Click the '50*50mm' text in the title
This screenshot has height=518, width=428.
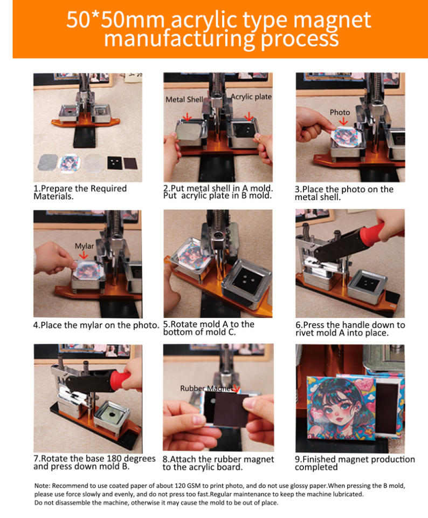[115, 20]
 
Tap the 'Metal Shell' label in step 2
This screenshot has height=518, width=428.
[184, 99]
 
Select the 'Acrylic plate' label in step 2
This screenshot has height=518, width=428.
[251, 97]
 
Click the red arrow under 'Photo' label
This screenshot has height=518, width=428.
[343, 121]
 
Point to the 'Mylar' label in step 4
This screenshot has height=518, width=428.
[84, 246]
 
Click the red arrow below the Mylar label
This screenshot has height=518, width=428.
[84, 255]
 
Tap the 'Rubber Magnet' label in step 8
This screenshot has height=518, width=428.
[207, 388]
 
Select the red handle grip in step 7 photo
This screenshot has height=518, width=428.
[120, 380]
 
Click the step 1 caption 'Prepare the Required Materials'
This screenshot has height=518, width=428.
[80, 192]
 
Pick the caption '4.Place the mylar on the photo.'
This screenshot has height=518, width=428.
[96, 325]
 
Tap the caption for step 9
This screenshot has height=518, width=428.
[355, 463]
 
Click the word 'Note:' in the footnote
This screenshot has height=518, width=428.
[43, 486]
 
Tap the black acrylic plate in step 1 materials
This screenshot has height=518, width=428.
[114, 163]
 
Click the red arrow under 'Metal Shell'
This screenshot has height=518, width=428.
[187, 117]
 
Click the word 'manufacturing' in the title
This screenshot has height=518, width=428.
[180, 39]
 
